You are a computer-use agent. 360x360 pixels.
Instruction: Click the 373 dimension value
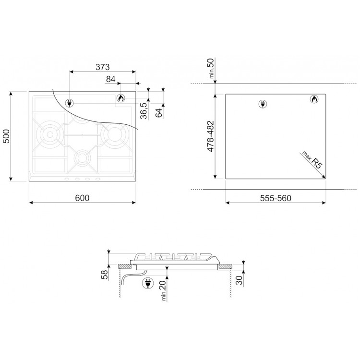point(103,67)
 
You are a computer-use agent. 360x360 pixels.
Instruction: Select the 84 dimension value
point(111,79)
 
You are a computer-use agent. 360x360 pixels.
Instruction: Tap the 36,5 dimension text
point(144,111)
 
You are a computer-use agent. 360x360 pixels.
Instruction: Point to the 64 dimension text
point(159,112)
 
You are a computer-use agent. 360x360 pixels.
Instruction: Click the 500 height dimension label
point(6,136)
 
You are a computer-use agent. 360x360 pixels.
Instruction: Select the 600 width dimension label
point(82,198)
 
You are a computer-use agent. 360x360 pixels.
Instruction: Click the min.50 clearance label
point(211,69)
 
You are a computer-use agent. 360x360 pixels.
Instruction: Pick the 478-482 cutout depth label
point(211,136)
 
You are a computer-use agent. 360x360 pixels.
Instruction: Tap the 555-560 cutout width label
point(276,198)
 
